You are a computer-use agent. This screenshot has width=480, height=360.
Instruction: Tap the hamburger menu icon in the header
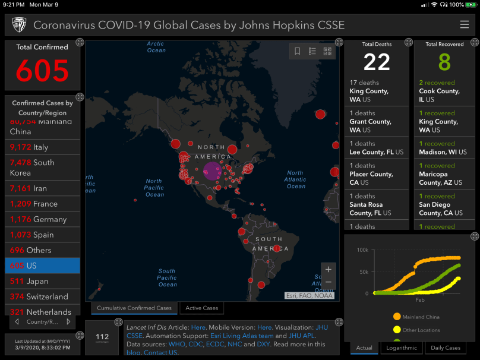click(x=464, y=25)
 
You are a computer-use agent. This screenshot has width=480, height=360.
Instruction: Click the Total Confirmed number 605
click(x=42, y=71)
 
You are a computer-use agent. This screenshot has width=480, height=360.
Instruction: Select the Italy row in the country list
click(x=42, y=147)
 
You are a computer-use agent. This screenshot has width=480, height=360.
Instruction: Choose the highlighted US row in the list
click(x=42, y=266)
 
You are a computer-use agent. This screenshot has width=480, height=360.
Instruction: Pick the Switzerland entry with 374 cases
click(x=42, y=296)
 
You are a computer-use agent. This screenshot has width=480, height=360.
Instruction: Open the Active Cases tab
click(x=202, y=308)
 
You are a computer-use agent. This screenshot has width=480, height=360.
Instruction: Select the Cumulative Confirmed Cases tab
click(x=134, y=308)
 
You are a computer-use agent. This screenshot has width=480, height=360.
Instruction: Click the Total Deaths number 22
click(x=377, y=62)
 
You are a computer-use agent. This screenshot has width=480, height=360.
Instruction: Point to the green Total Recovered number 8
click(x=444, y=62)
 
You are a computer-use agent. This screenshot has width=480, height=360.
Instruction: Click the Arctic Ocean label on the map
click(x=156, y=47)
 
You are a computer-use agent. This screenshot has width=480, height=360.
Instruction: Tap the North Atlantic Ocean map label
click(x=295, y=179)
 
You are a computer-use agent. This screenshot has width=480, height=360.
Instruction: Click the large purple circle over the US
click(x=212, y=171)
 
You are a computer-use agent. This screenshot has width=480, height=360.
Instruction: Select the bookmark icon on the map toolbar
click(x=298, y=52)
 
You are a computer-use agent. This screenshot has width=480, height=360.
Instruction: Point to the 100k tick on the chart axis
click(x=362, y=250)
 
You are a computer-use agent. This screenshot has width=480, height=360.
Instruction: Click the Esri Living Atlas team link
click(x=242, y=336)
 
